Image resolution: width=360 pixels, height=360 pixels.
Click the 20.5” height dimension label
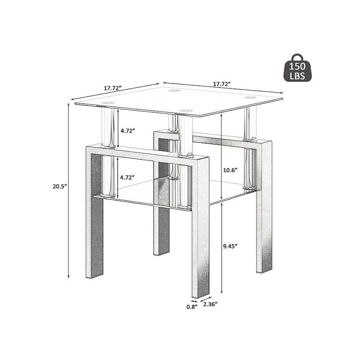60,186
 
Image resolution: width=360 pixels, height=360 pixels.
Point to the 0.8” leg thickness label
192,307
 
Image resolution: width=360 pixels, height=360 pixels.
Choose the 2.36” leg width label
210,304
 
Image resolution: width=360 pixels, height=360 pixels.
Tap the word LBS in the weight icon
297,76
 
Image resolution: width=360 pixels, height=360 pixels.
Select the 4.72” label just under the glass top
127,130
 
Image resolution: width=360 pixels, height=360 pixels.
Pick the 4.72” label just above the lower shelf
127,177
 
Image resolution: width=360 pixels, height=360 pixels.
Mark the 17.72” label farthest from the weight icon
112,88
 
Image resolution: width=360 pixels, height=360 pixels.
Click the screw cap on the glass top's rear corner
173,91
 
